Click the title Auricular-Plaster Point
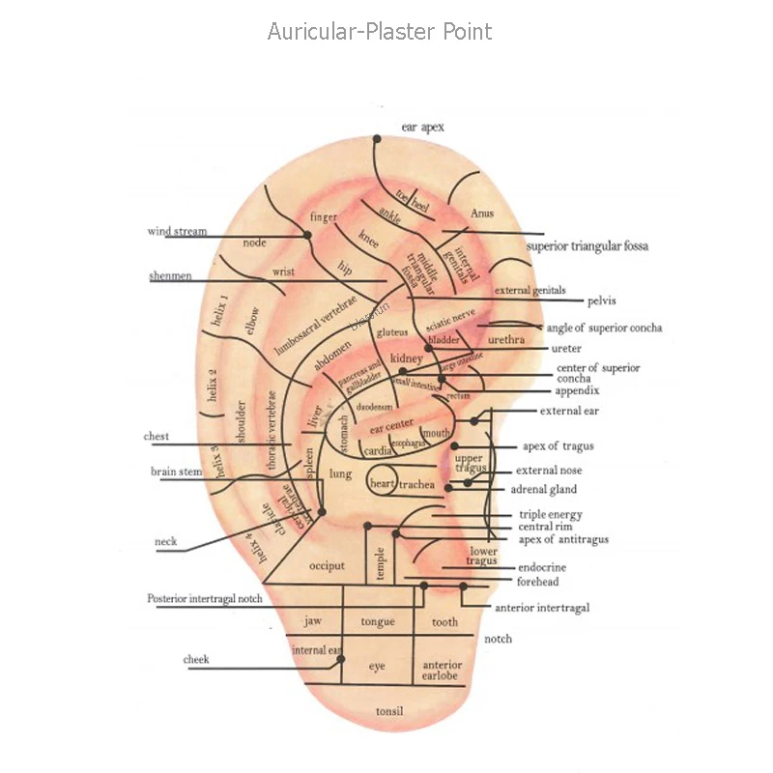380,32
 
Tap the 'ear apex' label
422,128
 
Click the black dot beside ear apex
377,139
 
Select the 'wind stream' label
177,232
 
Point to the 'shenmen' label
170,276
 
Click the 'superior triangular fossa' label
587,246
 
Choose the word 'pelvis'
601,301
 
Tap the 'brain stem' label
176,472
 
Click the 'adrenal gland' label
543,490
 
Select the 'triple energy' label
551,515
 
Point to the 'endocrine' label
542,567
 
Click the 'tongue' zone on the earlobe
377,622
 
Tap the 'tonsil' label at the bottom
389,712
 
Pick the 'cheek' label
196,660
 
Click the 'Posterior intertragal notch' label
205,599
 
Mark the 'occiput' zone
327,565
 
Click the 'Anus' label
481,213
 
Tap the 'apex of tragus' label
558,446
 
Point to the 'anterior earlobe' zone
443,671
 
